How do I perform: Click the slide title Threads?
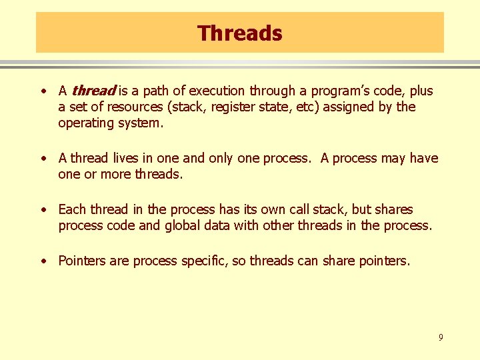pos(240,33)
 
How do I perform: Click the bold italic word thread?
pos(94,91)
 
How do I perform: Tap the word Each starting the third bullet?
pos(73,209)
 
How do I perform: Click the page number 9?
pos(440,338)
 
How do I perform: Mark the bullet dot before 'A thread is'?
pos(43,91)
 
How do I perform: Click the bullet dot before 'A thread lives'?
pos(43,159)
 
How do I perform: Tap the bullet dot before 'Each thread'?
pos(43,210)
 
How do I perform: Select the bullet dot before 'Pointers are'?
pos(43,261)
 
